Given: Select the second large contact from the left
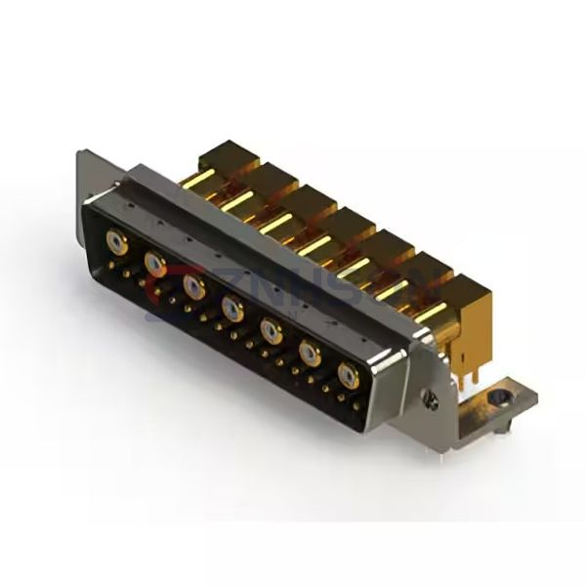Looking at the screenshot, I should tap(154, 261).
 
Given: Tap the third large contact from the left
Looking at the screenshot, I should tap(192, 285).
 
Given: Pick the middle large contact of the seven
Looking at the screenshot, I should tap(231, 310).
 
